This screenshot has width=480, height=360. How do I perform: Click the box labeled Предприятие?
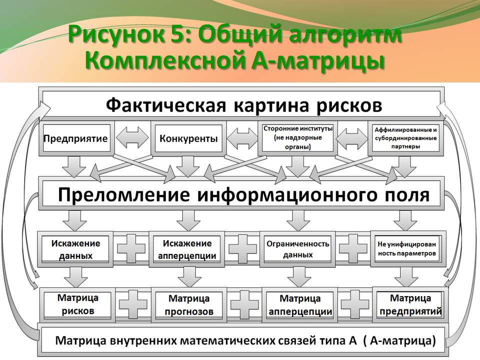(76, 138)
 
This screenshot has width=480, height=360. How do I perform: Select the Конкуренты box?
(188, 138)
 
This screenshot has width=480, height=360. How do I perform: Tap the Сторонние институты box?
(298, 138)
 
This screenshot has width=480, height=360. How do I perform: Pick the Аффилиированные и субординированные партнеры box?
(405, 138)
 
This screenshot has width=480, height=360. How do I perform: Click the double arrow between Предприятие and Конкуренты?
(132, 138)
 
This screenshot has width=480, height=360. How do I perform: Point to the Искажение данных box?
(75, 249)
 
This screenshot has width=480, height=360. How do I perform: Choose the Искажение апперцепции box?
(186, 249)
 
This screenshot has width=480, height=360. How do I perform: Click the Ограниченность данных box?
(297, 249)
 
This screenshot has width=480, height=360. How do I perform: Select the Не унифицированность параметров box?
(408, 249)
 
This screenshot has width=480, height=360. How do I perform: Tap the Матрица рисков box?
(77, 304)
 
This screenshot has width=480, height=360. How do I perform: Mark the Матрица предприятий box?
(410, 304)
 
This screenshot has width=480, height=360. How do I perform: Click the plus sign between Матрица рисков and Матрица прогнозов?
(133, 304)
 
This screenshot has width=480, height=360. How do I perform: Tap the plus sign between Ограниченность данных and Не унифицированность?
(353, 249)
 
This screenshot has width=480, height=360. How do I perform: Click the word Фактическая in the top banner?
(166, 105)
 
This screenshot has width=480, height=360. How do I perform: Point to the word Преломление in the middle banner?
(123, 194)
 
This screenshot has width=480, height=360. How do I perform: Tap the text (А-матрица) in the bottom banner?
(399, 340)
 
